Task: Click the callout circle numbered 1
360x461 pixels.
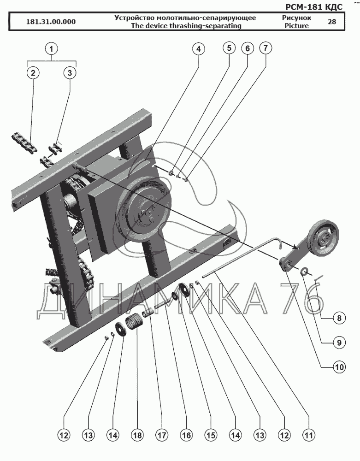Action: (x=52, y=48)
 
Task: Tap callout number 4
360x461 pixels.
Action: (x=199, y=48)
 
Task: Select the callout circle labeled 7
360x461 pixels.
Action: (x=266, y=47)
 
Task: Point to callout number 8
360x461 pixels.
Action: (x=339, y=318)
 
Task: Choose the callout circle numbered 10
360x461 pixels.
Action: (x=339, y=367)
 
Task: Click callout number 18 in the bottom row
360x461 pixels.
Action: (x=137, y=435)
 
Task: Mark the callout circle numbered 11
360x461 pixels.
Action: (x=308, y=435)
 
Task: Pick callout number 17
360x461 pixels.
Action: (x=162, y=435)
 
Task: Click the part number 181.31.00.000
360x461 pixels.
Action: (x=51, y=22)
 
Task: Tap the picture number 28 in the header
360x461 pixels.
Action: (x=332, y=22)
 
